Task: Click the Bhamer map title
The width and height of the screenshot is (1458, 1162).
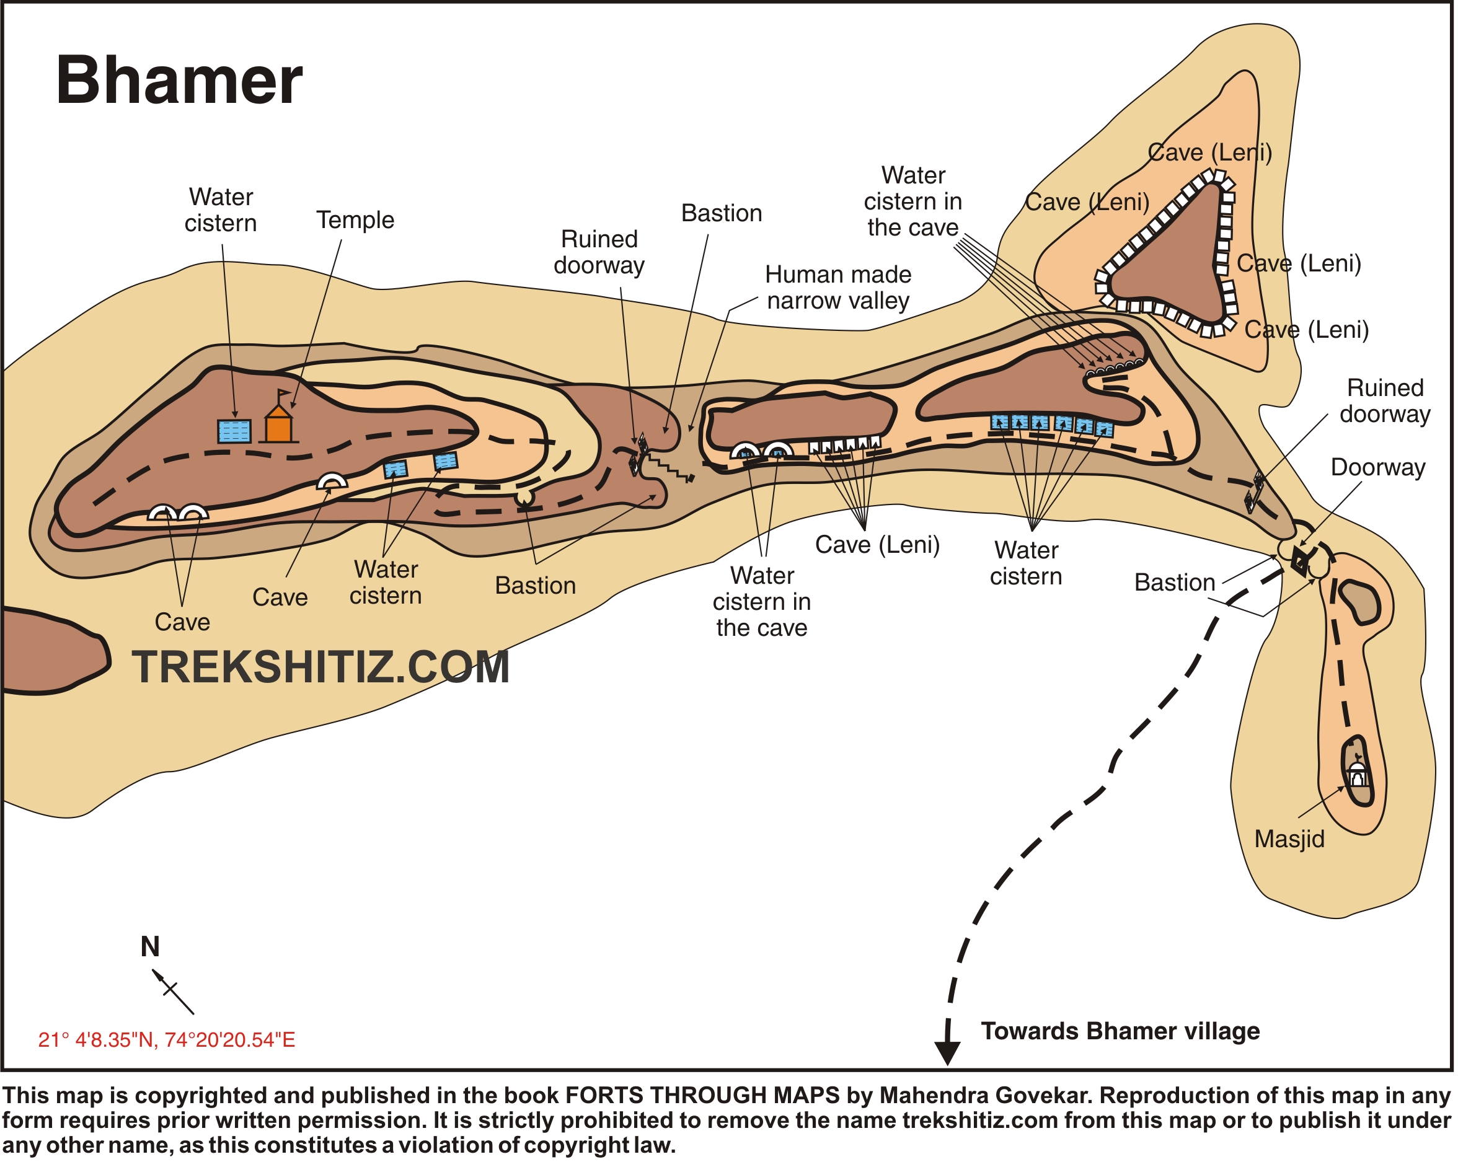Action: [x=179, y=81]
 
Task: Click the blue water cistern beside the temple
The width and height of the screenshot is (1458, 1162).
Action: [x=234, y=431]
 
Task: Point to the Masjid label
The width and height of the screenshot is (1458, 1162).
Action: [x=1289, y=839]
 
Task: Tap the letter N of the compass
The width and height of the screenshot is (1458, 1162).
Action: [x=150, y=947]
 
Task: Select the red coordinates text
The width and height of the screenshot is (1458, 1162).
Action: [x=166, y=1040]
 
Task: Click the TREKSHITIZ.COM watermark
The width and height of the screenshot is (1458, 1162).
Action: [x=320, y=667]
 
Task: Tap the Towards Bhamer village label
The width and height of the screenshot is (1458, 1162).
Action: [x=1120, y=1031]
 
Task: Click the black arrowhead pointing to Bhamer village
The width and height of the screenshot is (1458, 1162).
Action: [x=947, y=1052]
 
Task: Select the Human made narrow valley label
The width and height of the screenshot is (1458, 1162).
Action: [x=838, y=288]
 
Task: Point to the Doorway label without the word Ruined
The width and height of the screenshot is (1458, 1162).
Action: [x=1377, y=467]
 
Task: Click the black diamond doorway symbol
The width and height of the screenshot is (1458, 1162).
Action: [x=1299, y=561]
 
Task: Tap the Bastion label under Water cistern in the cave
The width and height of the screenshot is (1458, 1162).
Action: [x=722, y=213]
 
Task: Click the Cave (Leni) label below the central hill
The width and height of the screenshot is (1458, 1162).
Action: [x=877, y=544]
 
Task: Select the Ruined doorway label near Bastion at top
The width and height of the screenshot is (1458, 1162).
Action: [x=599, y=252]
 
